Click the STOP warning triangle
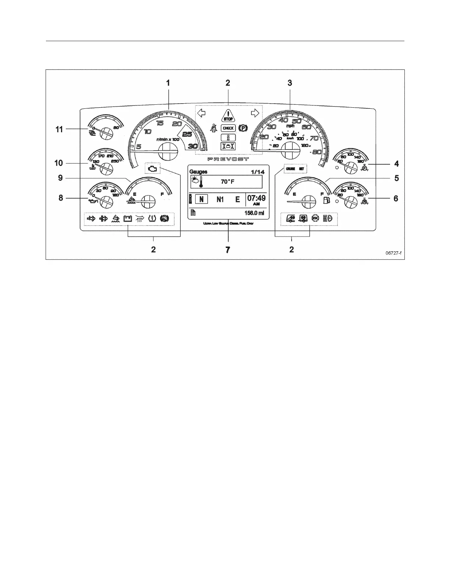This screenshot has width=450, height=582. click(x=228, y=116)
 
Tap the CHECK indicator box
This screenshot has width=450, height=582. click(x=228, y=128)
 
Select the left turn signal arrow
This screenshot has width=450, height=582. click(x=201, y=113)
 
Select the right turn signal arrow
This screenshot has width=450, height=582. click(x=255, y=113)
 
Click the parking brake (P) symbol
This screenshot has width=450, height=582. click(x=243, y=128)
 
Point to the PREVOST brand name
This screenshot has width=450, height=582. click(x=228, y=159)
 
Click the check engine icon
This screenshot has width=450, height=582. click(x=152, y=169)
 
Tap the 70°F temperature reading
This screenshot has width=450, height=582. click(x=228, y=182)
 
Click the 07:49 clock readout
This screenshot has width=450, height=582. click(x=256, y=198)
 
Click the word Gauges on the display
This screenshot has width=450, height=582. click(x=198, y=172)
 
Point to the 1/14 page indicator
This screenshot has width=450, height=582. click(x=257, y=172)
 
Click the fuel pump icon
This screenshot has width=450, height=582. click(x=325, y=200)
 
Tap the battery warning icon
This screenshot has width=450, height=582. click(x=128, y=219)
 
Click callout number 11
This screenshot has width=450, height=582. click(x=59, y=129)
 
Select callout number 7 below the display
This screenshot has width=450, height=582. click(x=228, y=250)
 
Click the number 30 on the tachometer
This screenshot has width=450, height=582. click(x=193, y=146)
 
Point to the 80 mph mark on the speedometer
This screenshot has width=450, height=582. click(x=317, y=152)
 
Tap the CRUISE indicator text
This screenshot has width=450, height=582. click(x=290, y=169)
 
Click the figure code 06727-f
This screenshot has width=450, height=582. click(x=393, y=253)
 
